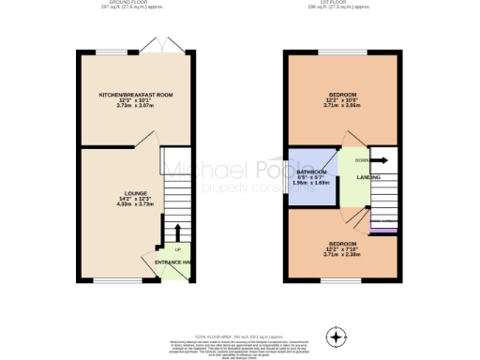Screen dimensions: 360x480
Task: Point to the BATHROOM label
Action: tap(311, 172)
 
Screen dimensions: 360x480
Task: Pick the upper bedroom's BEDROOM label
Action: tap(342, 96)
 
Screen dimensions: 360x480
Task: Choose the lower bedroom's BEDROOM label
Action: tap(342, 243)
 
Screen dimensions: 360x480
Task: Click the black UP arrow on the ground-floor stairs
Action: tap(177, 232)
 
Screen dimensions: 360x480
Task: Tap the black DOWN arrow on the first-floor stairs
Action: tap(382, 160)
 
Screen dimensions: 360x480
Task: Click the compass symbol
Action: tap(335, 336)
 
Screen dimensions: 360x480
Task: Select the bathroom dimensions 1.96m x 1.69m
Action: tap(311, 183)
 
